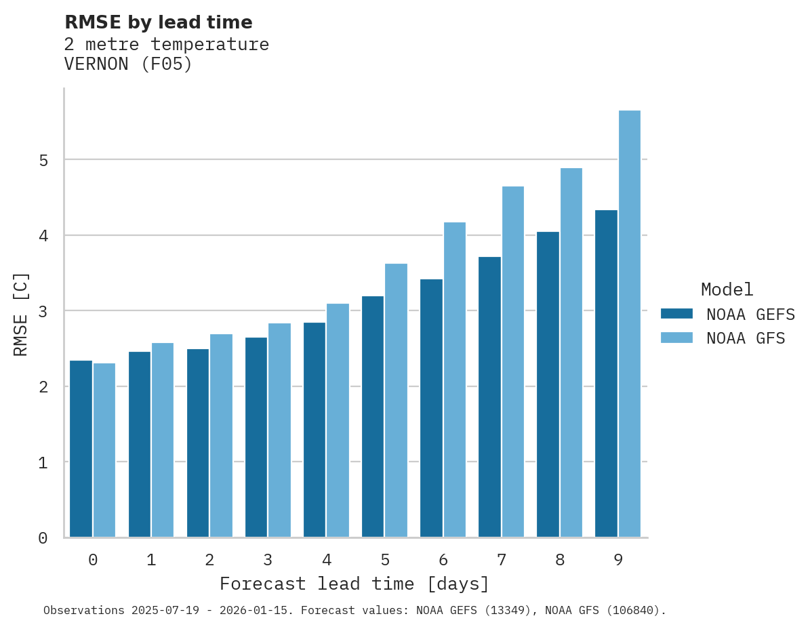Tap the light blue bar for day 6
pyautogui.click(x=455, y=380)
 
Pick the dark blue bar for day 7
pyautogui.click(x=489, y=397)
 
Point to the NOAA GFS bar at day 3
pyautogui.click(x=280, y=430)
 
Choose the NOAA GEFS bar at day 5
pyautogui.click(x=373, y=417)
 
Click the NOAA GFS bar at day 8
pyautogui.click(x=571, y=352)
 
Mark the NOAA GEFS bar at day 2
pyautogui.click(x=198, y=443)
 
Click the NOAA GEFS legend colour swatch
pyautogui.click(x=676, y=314)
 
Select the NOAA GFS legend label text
pyautogui.click(x=746, y=338)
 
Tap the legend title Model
pyautogui.click(x=727, y=289)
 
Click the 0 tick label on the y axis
pyautogui.click(x=43, y=538)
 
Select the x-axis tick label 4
pyautogui.click(x=327, y=560)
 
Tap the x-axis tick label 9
pyautogui.click(x=618, y=560)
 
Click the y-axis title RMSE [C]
pyautogui.click(x=21, y=314)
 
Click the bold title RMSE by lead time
pyautogui.click(x=159, y=22)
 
